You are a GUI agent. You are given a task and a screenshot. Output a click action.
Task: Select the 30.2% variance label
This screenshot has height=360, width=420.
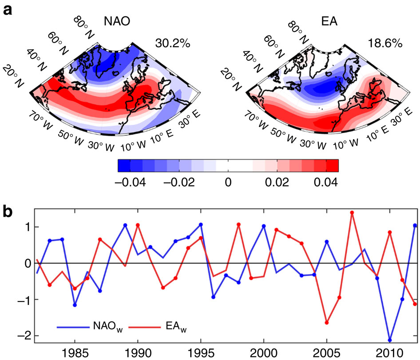click(x=173, y=43)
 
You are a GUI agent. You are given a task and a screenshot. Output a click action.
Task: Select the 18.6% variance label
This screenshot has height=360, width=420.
click(x=384, y=43)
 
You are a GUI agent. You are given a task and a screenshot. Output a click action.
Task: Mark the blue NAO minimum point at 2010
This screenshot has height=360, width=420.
click(x=389, y=340)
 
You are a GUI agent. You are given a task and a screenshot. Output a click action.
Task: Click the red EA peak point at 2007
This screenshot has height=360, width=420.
click(x=352, y=213)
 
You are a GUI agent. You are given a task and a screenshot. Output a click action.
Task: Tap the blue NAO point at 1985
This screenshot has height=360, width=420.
click(x=75, y=305)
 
